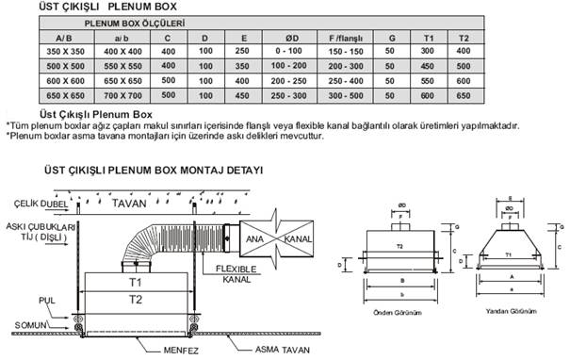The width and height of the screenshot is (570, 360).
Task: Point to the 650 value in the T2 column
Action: click(463, 97)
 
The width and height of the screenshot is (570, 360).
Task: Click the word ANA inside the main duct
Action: click(257, 238)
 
